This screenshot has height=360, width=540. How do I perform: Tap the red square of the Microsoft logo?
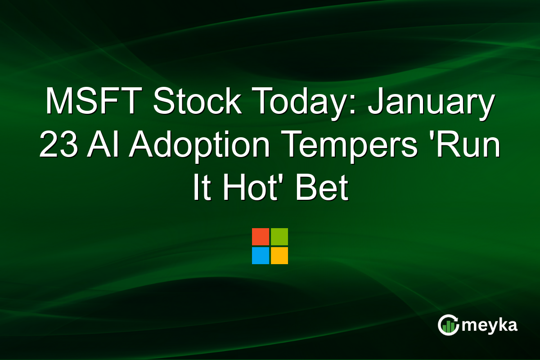(261, 237)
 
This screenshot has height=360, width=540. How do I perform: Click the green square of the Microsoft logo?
(279, 237)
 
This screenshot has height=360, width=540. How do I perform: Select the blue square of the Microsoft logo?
(261, 256)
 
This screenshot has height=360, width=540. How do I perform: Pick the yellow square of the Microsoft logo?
(279, 256)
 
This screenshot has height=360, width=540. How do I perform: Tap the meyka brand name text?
(489, 325)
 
